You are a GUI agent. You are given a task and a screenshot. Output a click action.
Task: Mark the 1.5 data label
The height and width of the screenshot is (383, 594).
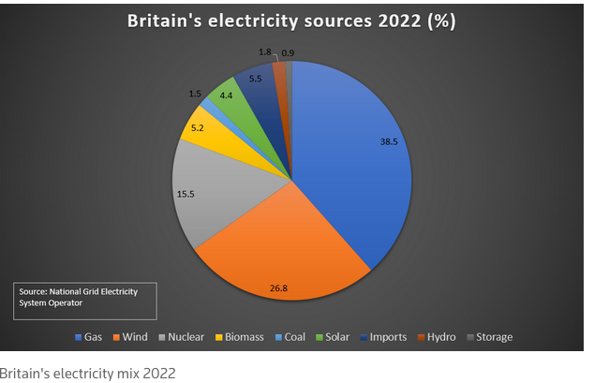click(x=195, y=94)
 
